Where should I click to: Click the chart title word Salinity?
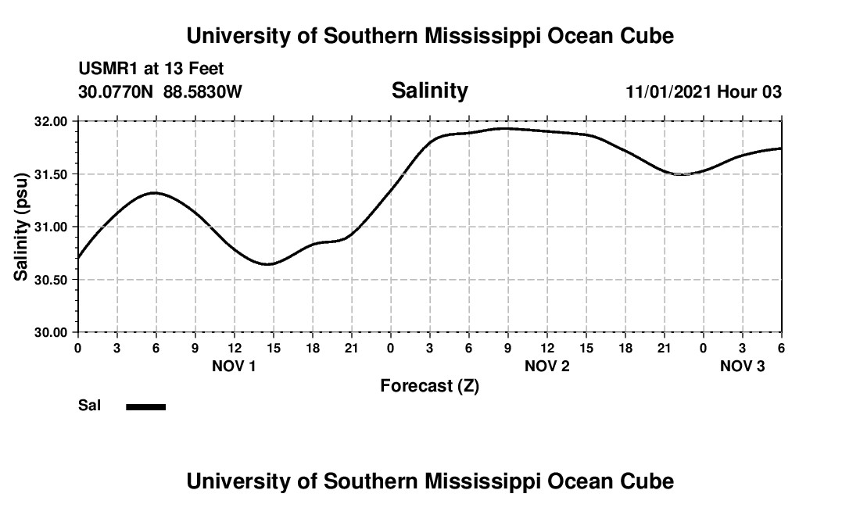429,91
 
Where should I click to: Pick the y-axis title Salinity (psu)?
21,227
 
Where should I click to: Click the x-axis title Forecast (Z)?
429,385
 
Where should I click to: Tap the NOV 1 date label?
234,366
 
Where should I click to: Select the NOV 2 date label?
546,366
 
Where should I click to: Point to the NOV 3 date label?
742,366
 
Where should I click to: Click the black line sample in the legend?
145,406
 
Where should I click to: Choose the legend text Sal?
89,406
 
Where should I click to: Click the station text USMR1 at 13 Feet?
151,70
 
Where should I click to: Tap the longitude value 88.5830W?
202,92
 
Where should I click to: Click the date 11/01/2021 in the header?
668,92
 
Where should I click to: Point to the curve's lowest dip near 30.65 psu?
267,264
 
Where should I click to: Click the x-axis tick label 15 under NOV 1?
273,347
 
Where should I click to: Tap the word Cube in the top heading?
648,36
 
